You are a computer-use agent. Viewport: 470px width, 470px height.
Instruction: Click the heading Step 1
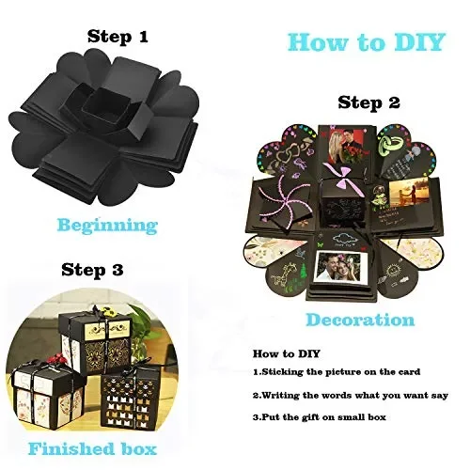(x=117, y=37)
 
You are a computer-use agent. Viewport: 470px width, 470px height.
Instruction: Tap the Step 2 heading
(x=368, y=102)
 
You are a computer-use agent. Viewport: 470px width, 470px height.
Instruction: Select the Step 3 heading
(x=92, y=270)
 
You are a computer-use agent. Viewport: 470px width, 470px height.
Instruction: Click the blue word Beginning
(x=107, y=226)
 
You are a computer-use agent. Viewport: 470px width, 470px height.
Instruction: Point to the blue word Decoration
(x=360, y=320)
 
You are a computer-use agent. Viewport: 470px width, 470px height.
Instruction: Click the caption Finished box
(x=92, y=448)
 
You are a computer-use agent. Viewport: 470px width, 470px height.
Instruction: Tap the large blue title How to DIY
(x=367, y=42)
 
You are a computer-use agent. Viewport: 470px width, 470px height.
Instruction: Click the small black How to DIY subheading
(x=287, y=353)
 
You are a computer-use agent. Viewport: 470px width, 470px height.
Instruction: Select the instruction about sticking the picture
(x=337, y=372)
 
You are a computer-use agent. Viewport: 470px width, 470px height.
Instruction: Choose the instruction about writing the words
(x=351, y=396)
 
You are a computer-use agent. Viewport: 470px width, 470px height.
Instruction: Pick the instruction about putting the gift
(x=320, y=417)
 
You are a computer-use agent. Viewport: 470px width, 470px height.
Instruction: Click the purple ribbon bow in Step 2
(x=340, y=173)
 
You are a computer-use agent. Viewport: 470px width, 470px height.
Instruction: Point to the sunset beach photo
(x=408, y=194)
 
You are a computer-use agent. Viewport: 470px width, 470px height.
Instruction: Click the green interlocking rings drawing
(x=390, y=145)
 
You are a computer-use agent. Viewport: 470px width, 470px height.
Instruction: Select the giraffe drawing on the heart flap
(x=280, y=276)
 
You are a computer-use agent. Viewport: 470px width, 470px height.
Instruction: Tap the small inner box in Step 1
(x=106, y=107)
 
